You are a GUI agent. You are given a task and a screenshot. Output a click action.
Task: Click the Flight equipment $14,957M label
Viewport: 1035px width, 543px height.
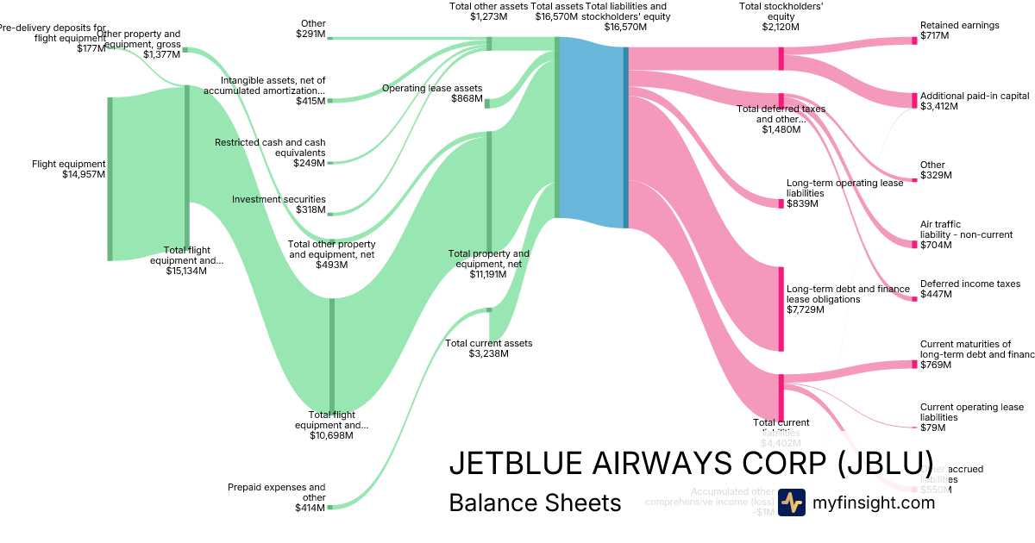tap(68, 169)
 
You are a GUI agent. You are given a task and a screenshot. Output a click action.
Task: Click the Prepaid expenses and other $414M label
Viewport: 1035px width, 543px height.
tap(277, 497)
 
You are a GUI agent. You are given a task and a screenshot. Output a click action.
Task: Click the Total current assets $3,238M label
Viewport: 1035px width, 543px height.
tap(488, 348)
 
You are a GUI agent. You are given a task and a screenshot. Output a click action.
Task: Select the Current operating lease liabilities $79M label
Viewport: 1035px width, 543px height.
tap(971, 417)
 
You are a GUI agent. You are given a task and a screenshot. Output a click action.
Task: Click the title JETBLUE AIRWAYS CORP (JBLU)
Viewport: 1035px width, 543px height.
tap(690, 463)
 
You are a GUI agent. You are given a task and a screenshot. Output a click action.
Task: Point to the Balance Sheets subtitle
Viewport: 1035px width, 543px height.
tap(535, 502)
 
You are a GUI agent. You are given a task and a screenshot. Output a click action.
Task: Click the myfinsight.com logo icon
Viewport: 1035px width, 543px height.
tap(791, 502)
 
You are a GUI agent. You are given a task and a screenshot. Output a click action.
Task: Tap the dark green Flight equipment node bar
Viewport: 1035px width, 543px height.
tap(110, 178)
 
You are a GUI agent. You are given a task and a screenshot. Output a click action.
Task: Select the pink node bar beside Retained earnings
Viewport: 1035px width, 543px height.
tap(914, 41)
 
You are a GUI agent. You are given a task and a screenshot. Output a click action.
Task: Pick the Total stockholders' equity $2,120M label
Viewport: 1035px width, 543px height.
tap(768, 16)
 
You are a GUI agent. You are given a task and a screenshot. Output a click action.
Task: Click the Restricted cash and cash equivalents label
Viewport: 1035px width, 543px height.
tap(270, 153)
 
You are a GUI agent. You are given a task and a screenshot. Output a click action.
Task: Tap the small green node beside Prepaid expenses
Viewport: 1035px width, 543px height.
tap(329, 508)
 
